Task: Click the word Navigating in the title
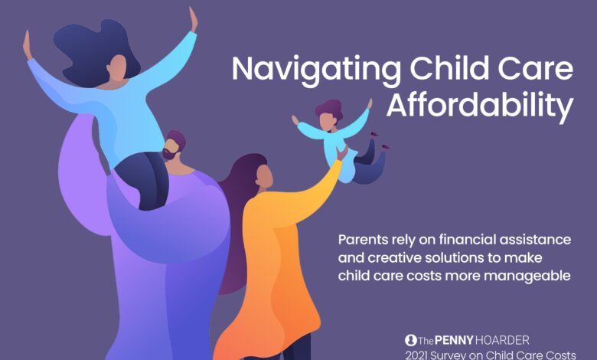pyautogui.click(x=316, y=70)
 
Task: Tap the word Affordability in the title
pyautogui.click(x=480, y=106)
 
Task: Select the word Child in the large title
pyautogui.click(x=449, y=68)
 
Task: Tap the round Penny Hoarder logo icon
pyautogui.click(x=410, y=340)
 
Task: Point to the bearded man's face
pyautogui.click(x=171, y=148)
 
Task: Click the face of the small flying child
pyautogui.click(x=327, y=122)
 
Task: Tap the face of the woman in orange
pyautogui.click(x=264, y=176)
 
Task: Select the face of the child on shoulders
pyautogui.click(x=117, y=69)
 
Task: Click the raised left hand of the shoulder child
pyautogui.click(x=27, y=44)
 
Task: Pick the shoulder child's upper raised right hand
pyautogui.click(x=194, y=20)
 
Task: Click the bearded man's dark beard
pyautogui.click(x=169, y=154)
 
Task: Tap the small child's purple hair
pyautogui.click(x=329, y=108)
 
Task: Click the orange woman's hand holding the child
pyautogui.click(x=341, y=153)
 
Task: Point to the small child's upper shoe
pyautogui.click(x=374, y=134)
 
